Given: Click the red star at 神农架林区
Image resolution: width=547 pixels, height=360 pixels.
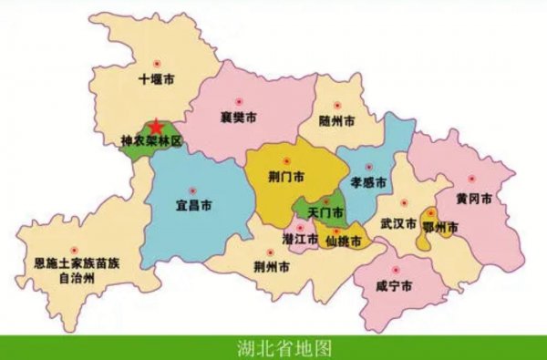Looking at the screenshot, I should pos(158,126).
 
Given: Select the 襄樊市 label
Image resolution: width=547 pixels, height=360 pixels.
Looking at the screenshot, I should pos(239,118).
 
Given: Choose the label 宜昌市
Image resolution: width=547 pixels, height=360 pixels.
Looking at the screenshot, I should pos(194,204).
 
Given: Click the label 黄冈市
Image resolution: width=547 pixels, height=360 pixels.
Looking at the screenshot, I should pos(476,198).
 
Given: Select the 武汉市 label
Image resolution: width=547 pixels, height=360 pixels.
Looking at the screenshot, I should pos(398,223).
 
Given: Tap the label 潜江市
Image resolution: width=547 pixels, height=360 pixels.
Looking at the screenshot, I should pos(300,239).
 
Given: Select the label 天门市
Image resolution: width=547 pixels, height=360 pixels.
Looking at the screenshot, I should pos(325,212).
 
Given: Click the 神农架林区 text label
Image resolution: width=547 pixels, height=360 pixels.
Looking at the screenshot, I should pos(152,142).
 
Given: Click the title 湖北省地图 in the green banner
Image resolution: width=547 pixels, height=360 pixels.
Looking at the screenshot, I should pos(273,348).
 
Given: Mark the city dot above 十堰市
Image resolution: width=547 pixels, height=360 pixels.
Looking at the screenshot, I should pos(156,63).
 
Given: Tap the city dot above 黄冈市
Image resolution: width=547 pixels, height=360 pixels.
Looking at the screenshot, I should pos(472,179).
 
